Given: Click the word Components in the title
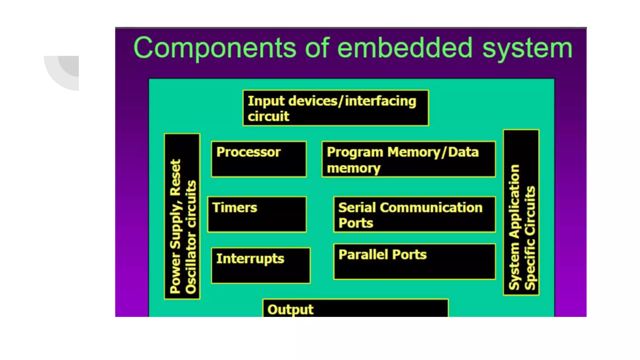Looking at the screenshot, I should (214, 48).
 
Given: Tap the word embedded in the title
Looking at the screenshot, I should (405, 48).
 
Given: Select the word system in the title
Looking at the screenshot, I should (527, 49).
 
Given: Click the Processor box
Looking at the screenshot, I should (259, 159).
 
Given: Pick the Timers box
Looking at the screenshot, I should (257, 214).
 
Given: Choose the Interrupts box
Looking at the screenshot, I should (261, 265).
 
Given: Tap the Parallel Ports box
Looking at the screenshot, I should (414, 262).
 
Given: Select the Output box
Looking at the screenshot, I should (355, 308).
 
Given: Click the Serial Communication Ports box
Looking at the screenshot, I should (414, 215).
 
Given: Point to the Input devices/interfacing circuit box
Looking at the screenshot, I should (336, 108).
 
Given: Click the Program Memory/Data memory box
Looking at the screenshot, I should (408, 159).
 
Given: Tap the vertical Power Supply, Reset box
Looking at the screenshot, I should (182, 216).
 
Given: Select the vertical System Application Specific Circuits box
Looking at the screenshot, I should (521, 212).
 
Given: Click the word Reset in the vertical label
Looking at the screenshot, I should (175, 177).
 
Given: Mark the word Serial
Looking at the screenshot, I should (357, 208).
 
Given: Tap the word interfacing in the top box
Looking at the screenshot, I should (380, 101).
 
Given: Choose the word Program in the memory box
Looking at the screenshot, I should (355, 152).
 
